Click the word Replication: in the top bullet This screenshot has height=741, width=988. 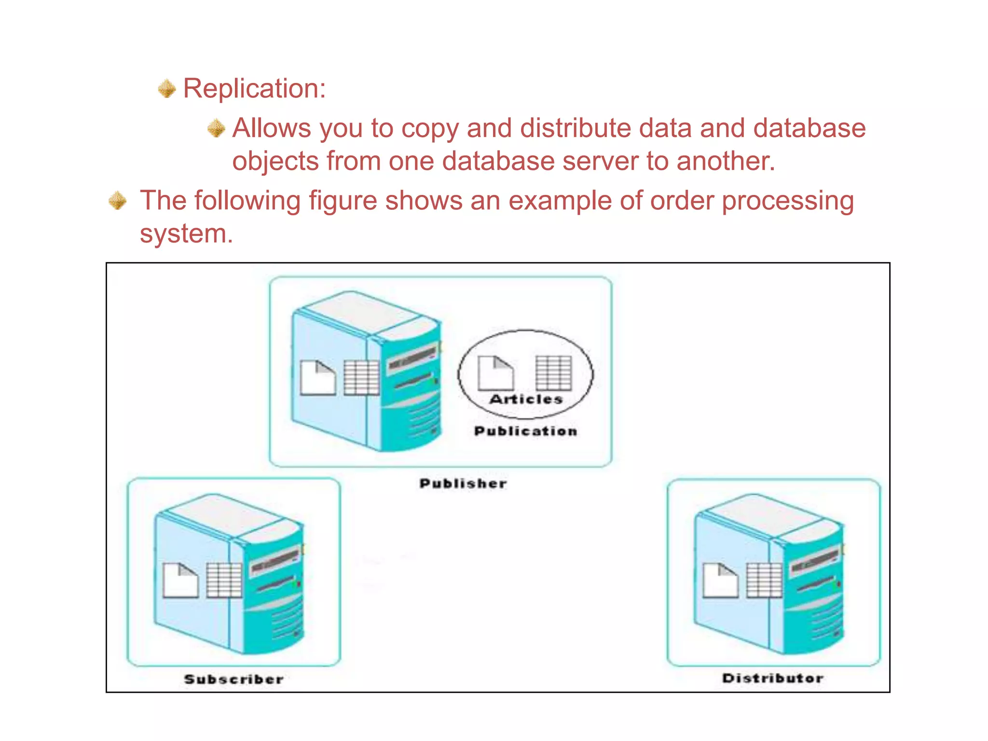point(254,89)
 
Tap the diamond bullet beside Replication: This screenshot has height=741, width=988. point(167,89)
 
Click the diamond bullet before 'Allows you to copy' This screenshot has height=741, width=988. point(216,128)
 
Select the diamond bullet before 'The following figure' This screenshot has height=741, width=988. point(118,201)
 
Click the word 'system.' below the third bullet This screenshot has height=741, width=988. point(186,234)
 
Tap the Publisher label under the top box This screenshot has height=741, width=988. point(463,483)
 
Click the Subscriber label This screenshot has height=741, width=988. point(233,679)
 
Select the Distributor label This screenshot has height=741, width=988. point(772,678)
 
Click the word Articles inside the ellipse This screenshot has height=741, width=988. point(526,399)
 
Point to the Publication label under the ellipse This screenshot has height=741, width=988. point(525,431)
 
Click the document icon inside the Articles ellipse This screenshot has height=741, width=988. point(495,373)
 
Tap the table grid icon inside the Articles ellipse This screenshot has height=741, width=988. point(554,373)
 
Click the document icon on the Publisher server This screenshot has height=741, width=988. point(317,378)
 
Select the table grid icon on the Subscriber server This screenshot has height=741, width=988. point(224,580)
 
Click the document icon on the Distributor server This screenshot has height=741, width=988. point(720,580)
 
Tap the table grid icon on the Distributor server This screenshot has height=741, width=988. point(764,580)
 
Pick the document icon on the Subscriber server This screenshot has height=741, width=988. point(180,580)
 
